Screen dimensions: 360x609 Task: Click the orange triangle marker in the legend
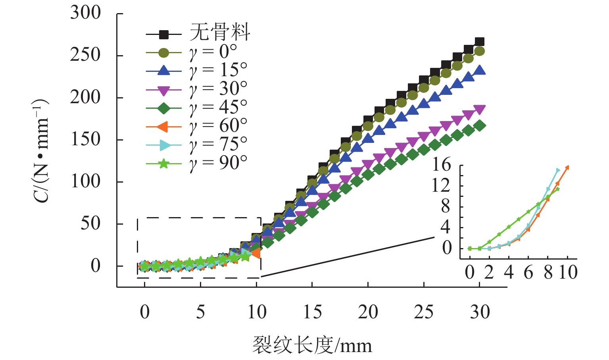click(x=164, y=127)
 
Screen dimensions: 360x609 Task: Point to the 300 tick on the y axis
click(x=86, y=13)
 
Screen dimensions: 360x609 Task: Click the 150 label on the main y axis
click(x=86, y=139)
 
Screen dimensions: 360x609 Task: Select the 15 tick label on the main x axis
click(x=312, y=312)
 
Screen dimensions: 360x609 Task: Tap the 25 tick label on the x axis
click(x=424, y=312)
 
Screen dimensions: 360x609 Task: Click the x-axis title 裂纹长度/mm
click(x=312, y=345)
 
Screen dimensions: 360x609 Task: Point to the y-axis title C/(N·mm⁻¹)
click(x=41, y=151)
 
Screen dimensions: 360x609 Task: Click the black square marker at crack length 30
click(x=480, y=42)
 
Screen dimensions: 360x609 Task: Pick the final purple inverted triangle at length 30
click(x=480, y=110)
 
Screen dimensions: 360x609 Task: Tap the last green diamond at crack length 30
click(x=480, y=126)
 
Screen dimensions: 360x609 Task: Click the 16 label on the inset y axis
click(x=442, y=164)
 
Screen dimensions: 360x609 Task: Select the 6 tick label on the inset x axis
click(x=528, y=273)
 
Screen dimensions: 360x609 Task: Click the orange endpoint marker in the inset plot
click(x=567, y=167)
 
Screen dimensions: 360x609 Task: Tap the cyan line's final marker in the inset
click(x=558, y=170)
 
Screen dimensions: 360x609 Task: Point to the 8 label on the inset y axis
click(x=446, y=206)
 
